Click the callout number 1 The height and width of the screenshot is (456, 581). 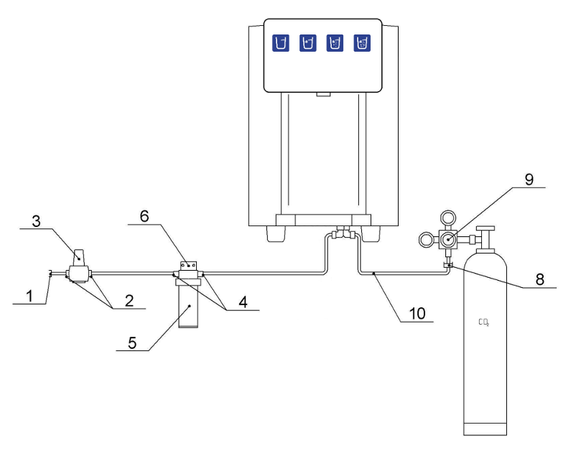(x=29, y=297)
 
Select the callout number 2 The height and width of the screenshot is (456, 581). (x=129, y=300)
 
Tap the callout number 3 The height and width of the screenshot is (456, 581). (x=36, y=221)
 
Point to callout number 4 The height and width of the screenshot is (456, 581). (x=243, y=302)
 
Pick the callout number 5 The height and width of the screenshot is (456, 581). (x=132, y=343)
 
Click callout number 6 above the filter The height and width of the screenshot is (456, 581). (x=144, y=216)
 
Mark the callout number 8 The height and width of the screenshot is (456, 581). (x=540, y=279)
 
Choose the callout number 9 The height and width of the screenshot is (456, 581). (x=529, y=180)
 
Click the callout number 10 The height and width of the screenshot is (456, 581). (x=417, y=314)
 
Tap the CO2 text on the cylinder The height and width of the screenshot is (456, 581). (x=483, y=322)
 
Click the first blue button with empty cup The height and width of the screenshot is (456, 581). (x=281, y=43)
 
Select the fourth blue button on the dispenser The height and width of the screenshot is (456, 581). (x=362, y=43)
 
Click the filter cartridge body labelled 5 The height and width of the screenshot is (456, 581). (x=189, y=304)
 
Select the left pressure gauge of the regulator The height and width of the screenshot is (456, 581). (x=427, y=240)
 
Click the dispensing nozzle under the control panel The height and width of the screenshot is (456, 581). (x=323, y=95)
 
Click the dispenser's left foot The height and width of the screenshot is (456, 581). (x=276, y=233)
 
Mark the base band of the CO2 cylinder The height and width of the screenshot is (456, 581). (x=485, y=429)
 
